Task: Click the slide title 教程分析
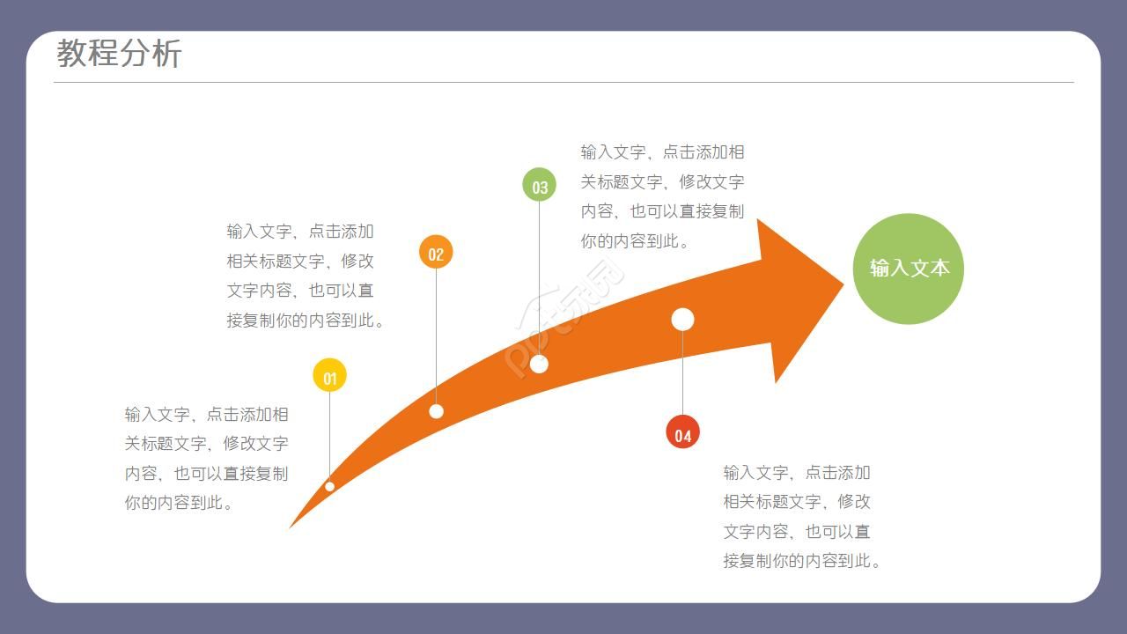(x=119, y=54)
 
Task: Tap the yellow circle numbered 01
(x=330, y=377)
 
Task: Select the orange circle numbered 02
(x=436, y=253)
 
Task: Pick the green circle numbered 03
(x=540, y=186)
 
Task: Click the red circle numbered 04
(x=683, y=431)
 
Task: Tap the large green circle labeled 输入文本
(x=909, y=269)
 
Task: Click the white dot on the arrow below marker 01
(x=330, y=486)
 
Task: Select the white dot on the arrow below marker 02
(x=436, y=411)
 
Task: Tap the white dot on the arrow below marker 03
(x=540, y=364)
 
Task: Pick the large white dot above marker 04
(x=683, y=319)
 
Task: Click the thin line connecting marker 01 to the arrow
(x=330, y=436)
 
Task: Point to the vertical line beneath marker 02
(x=436, y=335)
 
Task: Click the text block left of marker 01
(x=207, y=458)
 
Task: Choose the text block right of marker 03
(x=662, y=196)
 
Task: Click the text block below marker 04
(x=801, y=516)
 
